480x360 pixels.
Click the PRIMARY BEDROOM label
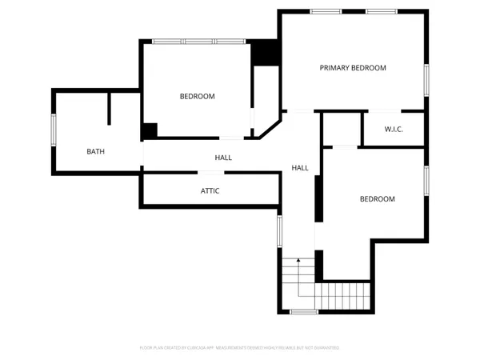click(353, 68)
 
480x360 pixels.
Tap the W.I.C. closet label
click(393, 129)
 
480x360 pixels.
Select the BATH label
click(96, 151)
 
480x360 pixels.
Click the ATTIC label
click(210, 191)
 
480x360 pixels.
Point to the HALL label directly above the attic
click(223, 158)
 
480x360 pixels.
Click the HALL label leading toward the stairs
click(300, 168)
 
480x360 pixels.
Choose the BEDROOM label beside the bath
click(197, 97)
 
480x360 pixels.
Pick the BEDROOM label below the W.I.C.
click(377, 199)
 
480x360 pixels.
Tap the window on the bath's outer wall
click(54, 130)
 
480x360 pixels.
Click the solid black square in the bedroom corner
click(150, 130)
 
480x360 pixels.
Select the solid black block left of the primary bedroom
click(264, 53)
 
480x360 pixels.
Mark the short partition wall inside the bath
click(110, 108)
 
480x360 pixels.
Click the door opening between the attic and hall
click(210, 173)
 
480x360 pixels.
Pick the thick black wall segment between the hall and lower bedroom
click(318, 198)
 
